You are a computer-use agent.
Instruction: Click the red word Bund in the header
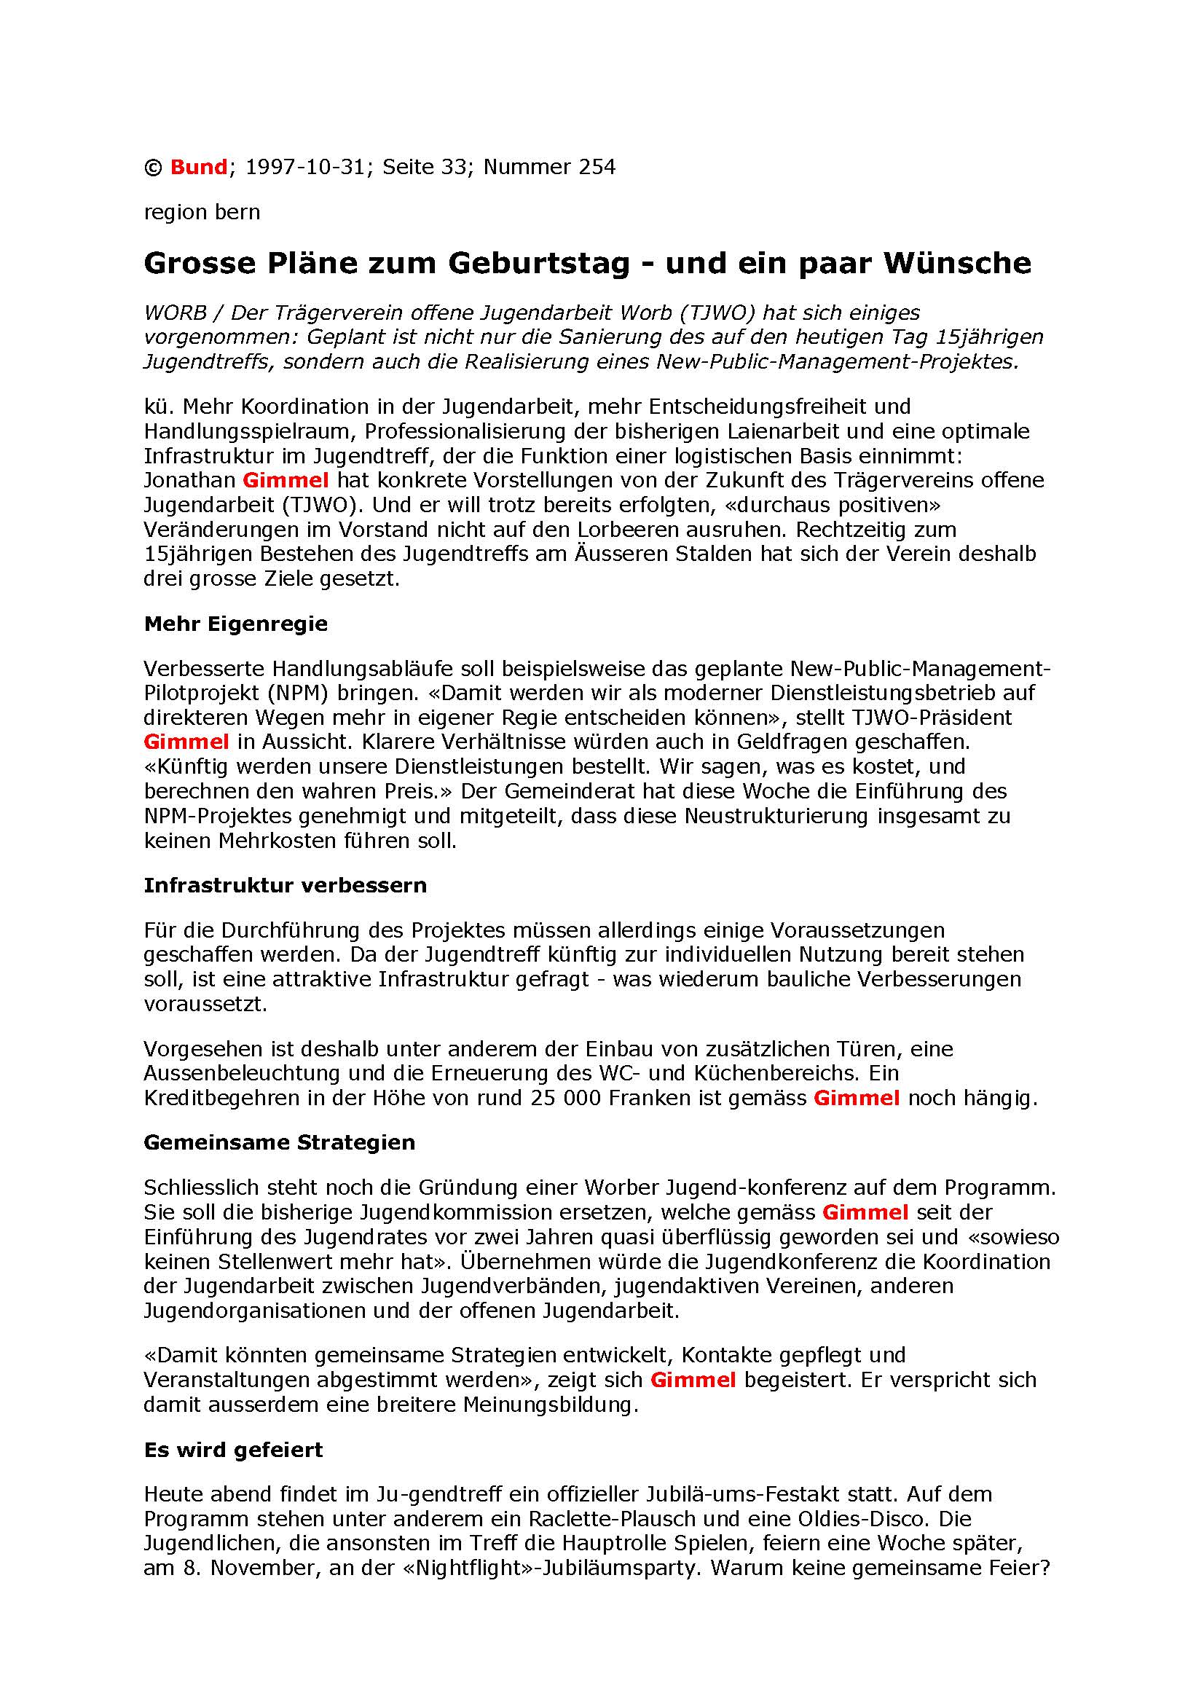(x=198, y=167)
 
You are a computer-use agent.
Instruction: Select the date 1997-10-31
(x=305, y=167)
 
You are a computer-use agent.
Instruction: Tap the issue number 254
(x=597, y=167)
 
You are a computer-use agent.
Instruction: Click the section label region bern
(x=202, y=212)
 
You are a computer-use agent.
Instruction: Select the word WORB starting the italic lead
(x=175, y=313)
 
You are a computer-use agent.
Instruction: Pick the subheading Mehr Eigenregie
(x=235, y=624)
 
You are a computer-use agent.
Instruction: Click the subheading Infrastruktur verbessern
(x=285, y=885)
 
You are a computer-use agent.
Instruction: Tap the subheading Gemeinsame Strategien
(x=279, y=1142)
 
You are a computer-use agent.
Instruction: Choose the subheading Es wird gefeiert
(x=233, y=1450)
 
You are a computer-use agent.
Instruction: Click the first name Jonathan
(x=189, y=480)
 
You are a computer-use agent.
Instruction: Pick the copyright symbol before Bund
(x=153, y=168)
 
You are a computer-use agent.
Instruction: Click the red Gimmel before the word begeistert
(x=693, y=1380)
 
